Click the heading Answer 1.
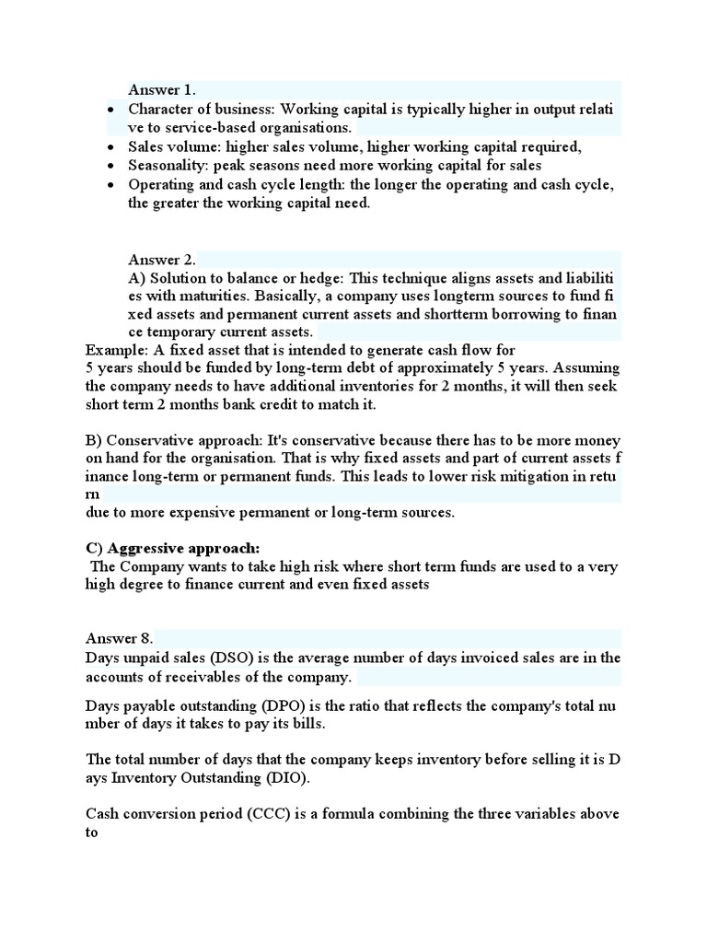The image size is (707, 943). pyautogui.click(x=162, y=89)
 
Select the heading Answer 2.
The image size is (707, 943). pyautogui.click(x=162, y=259)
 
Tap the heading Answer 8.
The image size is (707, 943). pyautogui.click(x=120, y=638)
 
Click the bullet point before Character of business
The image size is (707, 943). pyautogui.click(x=110, y=111)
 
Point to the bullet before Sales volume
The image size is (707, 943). pyautogui.click(x=110, y=147)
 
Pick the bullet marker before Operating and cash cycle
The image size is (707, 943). pyautogui.click(x=110, y=185)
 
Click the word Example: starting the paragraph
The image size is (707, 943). pyautogui.click(x=113, y=350)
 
